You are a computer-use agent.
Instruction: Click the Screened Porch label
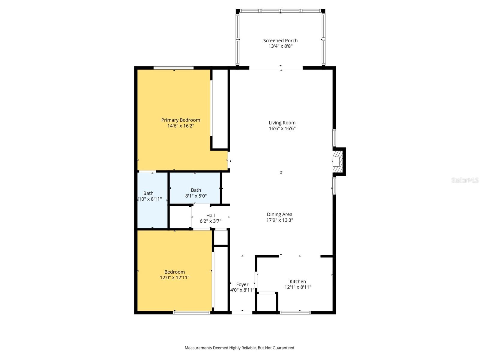(x=280, y=40)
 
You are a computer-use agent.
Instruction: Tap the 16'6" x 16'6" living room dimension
(x=282, y=128)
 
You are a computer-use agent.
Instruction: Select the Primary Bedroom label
(x=181, y=120)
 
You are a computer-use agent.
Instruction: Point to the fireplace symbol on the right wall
(x=338, y=161)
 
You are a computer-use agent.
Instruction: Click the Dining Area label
(x=279, y=214)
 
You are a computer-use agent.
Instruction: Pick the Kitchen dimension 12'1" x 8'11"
(x=298, y=287)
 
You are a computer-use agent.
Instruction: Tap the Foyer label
(x=242, y=284)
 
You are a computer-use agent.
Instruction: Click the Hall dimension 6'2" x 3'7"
(x=210, y=221)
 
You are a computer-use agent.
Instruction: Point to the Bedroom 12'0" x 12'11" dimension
(x=174, y=277)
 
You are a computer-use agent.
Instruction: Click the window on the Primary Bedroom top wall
(x=173, y=68)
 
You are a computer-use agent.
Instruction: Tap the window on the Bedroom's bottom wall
(x=191, y=313)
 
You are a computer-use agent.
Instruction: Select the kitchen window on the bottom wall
(x=295, y=313)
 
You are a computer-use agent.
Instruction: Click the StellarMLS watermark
(x=465, y=180)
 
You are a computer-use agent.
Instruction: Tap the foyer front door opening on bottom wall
(x=242, y=313)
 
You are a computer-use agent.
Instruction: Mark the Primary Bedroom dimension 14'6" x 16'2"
(x=181, y=126)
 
